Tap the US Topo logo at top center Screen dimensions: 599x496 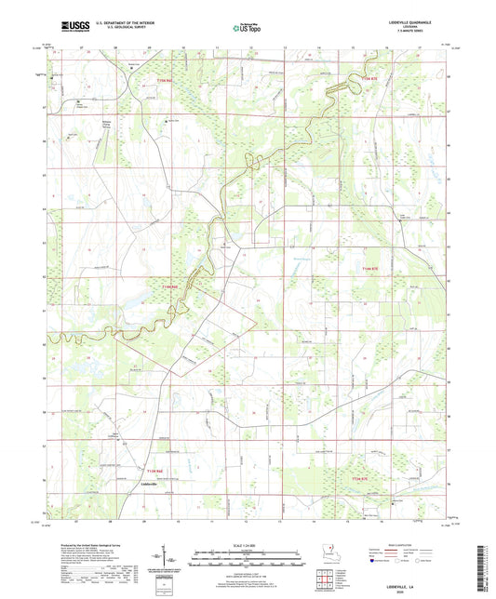click(247, 28)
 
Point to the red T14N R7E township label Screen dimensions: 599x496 click(369, 269)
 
